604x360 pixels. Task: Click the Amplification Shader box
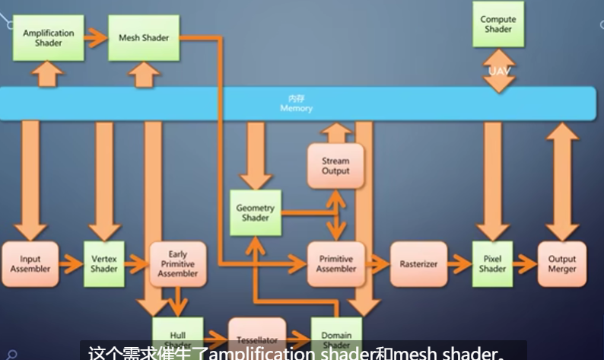49,38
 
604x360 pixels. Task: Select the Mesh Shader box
144,38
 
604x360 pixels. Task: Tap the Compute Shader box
498,24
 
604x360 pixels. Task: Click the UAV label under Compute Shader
499,71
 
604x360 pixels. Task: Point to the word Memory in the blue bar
296,108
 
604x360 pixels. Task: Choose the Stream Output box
335,165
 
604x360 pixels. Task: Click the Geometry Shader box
256,212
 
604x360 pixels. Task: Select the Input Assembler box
30,264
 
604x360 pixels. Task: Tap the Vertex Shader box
104,264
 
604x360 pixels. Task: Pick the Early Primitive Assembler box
178,264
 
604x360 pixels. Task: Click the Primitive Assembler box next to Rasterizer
335,264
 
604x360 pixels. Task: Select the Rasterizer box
418,264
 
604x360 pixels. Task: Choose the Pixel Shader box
492,264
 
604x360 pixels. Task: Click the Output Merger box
562,264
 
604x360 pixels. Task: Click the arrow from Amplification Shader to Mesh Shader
96,38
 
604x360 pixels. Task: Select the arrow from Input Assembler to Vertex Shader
71,264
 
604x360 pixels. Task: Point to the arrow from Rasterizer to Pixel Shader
459,264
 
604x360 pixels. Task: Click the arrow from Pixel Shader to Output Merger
526,264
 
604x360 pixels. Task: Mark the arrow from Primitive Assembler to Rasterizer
377,264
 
